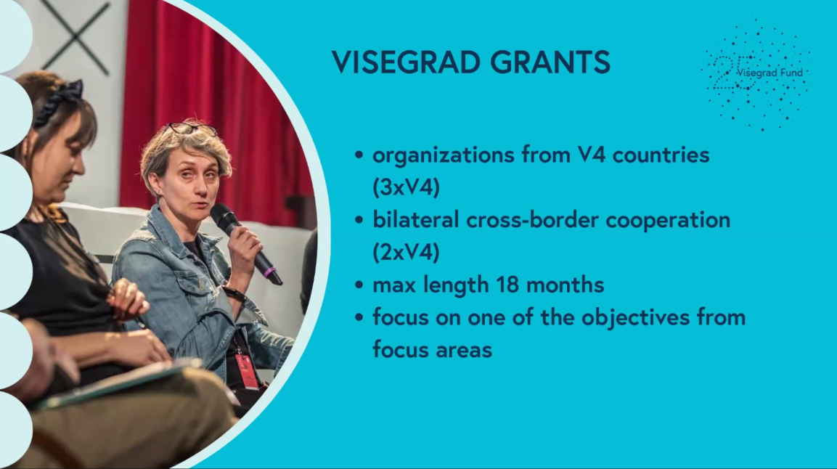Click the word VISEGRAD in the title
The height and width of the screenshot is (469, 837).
[405, 62]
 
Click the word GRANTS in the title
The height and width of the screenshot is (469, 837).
[550, 62]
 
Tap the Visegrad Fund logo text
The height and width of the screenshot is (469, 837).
[769, 73]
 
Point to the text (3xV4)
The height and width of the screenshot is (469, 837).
[406, 187]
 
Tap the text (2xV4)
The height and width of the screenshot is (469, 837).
[406, 252]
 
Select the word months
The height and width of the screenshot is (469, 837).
[566, 285]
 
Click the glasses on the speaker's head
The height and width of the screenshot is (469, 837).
[191, 128]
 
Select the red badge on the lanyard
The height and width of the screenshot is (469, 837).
[247, 371]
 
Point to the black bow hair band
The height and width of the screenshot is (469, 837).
[60, 102]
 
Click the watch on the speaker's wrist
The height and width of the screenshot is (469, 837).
[233, 294]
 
